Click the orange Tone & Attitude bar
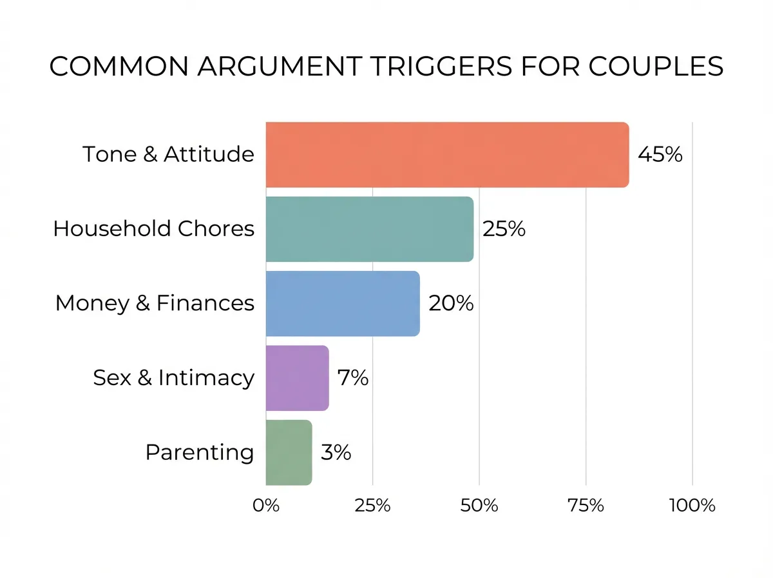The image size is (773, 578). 447,155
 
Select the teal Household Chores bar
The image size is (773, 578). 369,229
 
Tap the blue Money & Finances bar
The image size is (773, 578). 343,303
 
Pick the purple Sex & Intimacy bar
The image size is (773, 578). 297,378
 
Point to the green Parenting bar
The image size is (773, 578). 289,452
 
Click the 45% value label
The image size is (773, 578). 660,155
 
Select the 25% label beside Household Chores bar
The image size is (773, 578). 504,229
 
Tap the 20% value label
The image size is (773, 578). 451,303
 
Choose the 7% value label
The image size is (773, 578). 352,378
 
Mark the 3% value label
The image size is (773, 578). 336,452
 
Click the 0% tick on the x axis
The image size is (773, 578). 266,505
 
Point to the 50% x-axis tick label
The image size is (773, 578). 479,505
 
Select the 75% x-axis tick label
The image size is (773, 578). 586,505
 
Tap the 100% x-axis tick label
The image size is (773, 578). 692,505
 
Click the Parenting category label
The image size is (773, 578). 200,452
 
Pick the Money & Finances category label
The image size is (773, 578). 155,303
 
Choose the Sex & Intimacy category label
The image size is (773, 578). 173,378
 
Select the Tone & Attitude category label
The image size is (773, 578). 168,155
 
